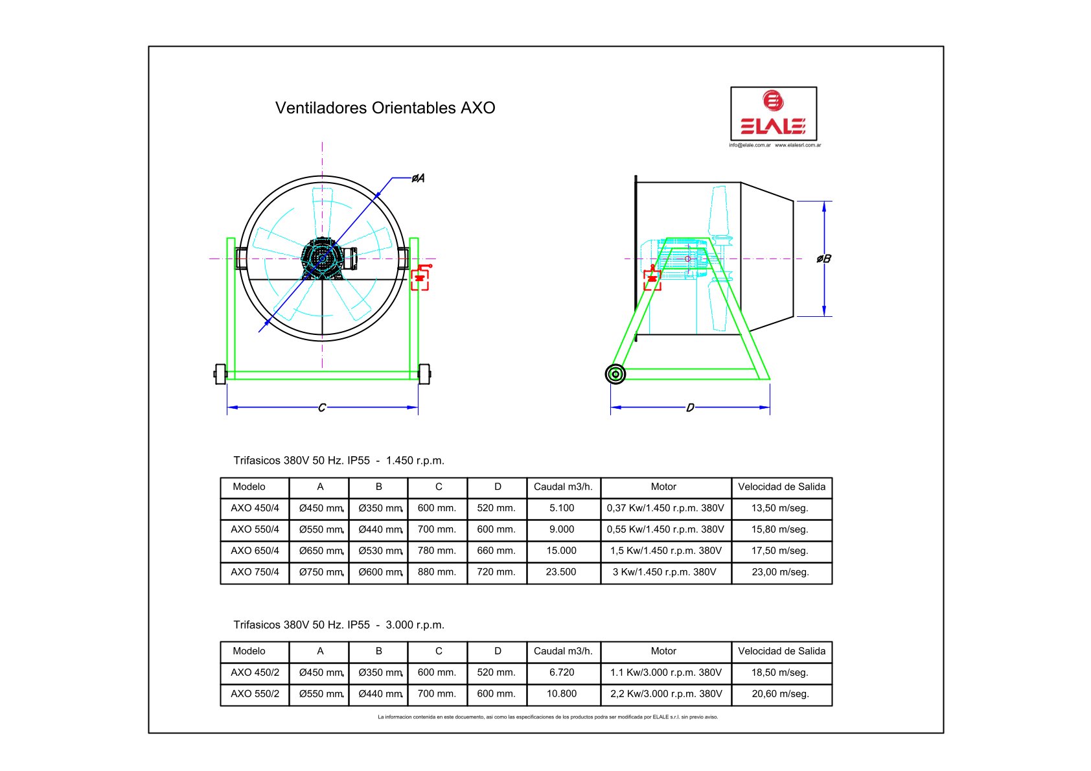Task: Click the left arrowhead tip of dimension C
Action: click(227, 407)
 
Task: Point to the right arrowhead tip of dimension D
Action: click(770, 407)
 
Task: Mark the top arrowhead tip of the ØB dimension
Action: click(824, 201)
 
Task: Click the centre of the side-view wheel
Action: click(615, 374)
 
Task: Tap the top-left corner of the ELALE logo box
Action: click(731, 87)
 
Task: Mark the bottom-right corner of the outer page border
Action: click(943, 733)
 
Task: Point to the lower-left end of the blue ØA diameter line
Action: click(258, 332)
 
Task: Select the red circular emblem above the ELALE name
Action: click(773, 100)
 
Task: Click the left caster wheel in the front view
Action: click(220, 374)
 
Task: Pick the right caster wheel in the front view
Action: click(424, 374)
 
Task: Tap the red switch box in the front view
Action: click(420, 278)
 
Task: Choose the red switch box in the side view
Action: click(652, 278)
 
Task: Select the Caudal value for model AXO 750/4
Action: click(560, 572)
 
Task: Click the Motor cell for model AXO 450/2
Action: click(666, 673)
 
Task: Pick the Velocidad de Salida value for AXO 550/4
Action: click(780, 529)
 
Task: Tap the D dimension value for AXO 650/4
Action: click(496, 551)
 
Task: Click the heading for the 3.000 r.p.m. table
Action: click(339, 625)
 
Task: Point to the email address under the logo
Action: click(750, 145)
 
